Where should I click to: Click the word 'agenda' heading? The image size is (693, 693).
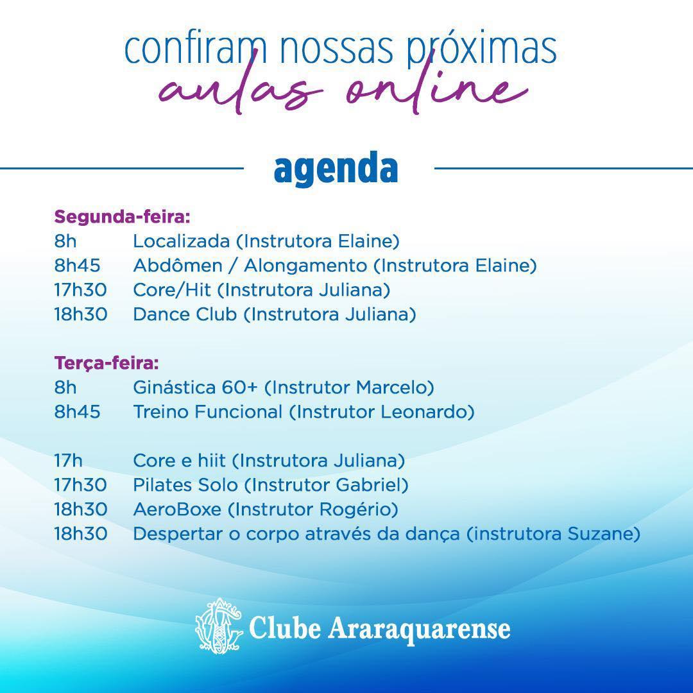(336, 169)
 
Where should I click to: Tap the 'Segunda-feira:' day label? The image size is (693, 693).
(122, 216)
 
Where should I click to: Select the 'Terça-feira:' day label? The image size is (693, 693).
(106, 363)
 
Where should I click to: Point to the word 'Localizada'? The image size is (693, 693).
(181, 241)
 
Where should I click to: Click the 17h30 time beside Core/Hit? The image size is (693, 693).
(80, 290)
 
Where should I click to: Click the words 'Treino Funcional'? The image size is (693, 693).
(207, 412)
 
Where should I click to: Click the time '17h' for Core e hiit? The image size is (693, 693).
(69, 461)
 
